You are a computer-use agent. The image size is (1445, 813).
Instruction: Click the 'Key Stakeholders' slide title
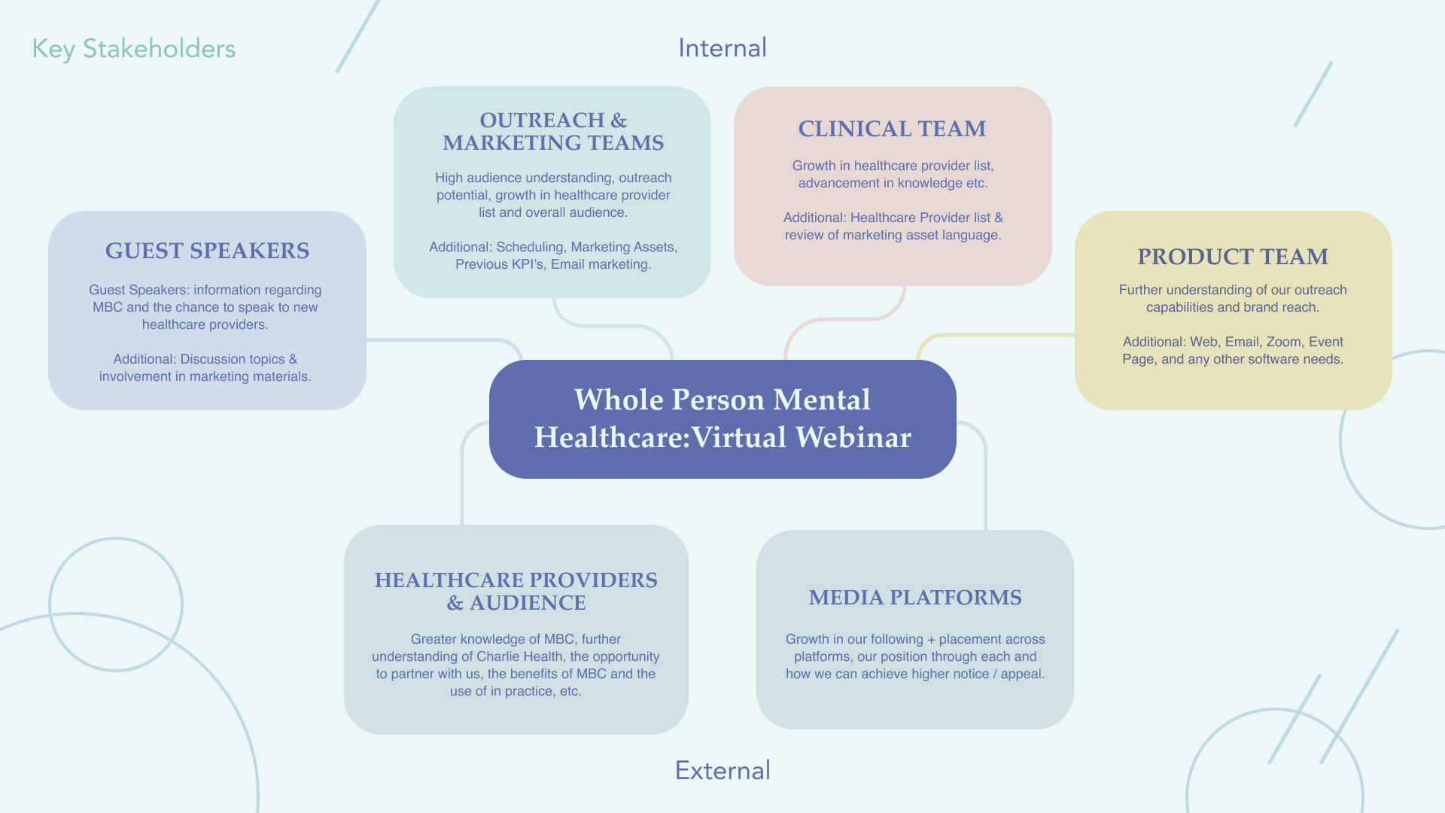(133, 49)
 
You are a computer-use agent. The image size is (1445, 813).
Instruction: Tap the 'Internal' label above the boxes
(722, 48)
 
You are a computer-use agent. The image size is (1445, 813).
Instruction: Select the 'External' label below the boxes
(722, 770)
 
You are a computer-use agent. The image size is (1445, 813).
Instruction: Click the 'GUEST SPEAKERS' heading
(207, 251)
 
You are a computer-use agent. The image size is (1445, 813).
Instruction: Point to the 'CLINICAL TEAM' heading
(892, 129)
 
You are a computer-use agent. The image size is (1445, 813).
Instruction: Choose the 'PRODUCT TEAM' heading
(1233, 257)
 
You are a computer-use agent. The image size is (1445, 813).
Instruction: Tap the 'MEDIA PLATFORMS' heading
(915, 598)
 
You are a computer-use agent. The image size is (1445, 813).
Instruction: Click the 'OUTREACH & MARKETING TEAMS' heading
(553, 132)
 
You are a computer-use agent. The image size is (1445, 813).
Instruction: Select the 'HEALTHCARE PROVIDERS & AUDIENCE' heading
(516, 591)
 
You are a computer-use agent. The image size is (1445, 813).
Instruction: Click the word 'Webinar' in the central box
(853, 437)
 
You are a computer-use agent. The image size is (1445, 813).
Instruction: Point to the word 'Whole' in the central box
(617, 400)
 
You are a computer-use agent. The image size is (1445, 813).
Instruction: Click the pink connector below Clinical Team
(843, 319)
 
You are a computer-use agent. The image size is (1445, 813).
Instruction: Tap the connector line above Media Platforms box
(985, 482)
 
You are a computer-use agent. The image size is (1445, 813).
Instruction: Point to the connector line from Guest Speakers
(437, 340)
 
